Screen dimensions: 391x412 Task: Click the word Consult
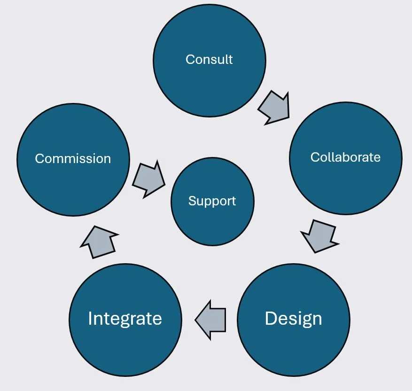pos(209,60)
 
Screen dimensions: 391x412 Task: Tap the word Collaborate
pos(345,157)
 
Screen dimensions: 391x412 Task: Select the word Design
pos(293,319)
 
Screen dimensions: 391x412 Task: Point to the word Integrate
pos(125,319)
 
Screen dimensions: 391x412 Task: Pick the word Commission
pos(73,159)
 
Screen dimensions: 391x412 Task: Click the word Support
pos(212,201)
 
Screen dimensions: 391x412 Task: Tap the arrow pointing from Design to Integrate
pos(210,320)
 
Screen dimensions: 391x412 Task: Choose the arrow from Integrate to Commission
pos(100,241)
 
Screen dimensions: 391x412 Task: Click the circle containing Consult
pos(209,35)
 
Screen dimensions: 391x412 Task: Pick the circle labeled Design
pos(293,348)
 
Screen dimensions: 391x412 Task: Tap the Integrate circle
pos(125,348)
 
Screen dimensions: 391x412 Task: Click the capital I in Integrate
pos(90,319)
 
